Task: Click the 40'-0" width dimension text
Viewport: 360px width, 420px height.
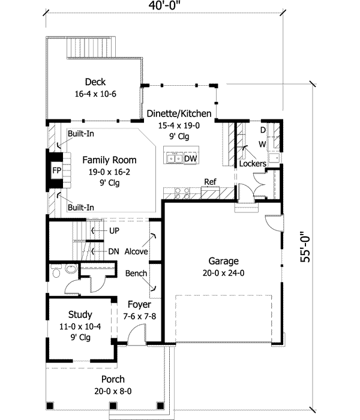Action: click(164, 5)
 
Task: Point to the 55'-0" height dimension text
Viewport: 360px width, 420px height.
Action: click(305, 247)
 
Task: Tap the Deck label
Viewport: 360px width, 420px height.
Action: click(95, 82)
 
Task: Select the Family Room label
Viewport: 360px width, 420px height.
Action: click(109, 160)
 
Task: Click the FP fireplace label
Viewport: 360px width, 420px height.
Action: click(56, 170)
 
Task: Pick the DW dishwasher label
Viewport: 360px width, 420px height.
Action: click(190, 158)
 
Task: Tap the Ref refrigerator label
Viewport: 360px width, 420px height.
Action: click(210, 182)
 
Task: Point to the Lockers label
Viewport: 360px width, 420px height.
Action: click(253, 163)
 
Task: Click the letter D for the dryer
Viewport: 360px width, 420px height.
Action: click(263, 130)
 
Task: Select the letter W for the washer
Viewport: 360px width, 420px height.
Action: click(262, 144)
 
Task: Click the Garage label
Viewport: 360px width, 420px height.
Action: click(223, 261)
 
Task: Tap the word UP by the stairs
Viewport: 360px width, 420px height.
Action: click(114, 230)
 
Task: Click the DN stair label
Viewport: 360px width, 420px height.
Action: click(113, 251)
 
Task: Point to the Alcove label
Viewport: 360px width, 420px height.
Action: click(136, 251)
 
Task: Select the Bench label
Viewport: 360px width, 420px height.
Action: click(136, 273)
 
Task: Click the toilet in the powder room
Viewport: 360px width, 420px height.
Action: click(56, 271)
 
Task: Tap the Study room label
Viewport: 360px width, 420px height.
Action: click(80, 314)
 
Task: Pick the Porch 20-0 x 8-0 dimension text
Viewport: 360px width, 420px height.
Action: click(113, 391)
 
